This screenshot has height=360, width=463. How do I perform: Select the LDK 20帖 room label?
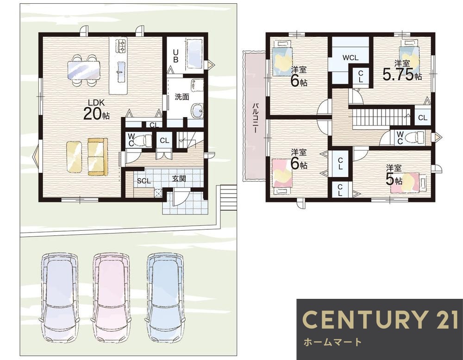[x=96, y=110]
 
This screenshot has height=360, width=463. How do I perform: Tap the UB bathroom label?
[x=175, y=56]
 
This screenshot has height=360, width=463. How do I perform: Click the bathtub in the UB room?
[x=194, y=55]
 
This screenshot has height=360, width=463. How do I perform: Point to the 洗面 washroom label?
[x=182, y=97]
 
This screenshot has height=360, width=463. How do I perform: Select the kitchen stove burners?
[x=121, y=46]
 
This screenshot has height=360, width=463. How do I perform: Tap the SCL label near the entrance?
[x=144, y=181]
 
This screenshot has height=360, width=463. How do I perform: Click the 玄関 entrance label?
[x=179, y=178]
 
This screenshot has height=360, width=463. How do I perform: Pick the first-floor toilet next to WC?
[x=144, y=139]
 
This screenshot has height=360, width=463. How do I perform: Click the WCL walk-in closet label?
[x=350, y=57]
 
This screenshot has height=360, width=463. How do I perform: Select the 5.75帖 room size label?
[x=402, y=74]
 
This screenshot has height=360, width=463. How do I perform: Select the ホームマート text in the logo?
[x=333, y=342]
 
